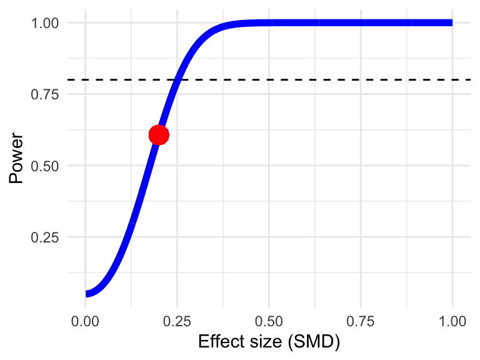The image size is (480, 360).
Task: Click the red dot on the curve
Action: click(x=159, y=134)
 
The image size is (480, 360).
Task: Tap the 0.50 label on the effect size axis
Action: click(x=269, y=322)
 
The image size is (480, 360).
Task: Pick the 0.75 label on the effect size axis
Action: click(x=361, y=322)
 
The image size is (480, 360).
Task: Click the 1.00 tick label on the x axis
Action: click(x=452, y=322)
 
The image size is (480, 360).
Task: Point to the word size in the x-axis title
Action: click(x=256, y=342)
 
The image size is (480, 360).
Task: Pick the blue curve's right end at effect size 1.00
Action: click(x=451, y=22)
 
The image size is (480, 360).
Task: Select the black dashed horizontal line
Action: click(x=312, y=79)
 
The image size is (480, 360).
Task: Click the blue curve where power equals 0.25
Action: click(x=125, y=237)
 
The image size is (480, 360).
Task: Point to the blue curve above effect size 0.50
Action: click(x=269, y=23)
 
